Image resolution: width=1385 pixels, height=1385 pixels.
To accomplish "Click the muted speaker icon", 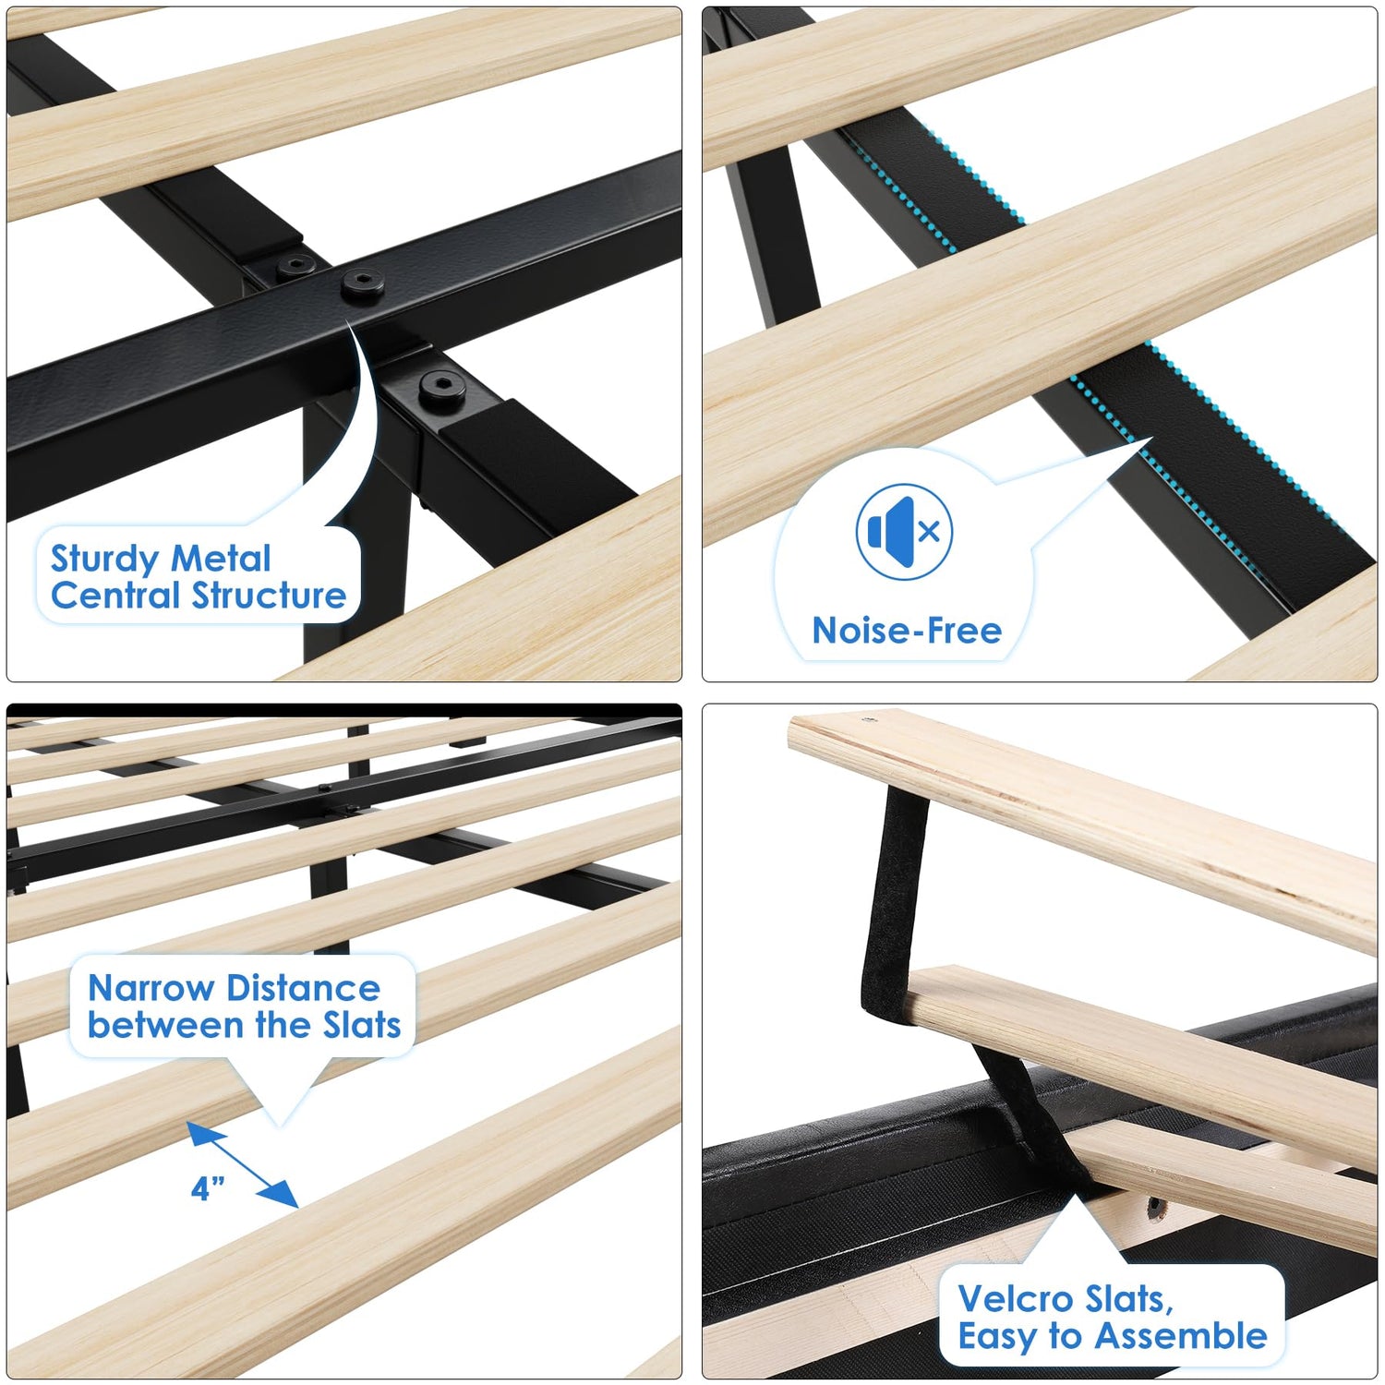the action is (904, 532).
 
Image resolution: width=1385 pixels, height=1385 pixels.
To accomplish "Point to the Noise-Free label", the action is (907, 631).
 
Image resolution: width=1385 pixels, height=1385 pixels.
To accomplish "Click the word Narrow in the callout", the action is (151, 988).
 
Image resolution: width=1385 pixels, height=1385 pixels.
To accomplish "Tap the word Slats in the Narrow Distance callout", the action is (362, 1025).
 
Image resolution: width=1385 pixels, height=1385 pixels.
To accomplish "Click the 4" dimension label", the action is (208, 1188).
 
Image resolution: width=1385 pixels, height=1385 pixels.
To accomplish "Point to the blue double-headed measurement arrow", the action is (243, 1164).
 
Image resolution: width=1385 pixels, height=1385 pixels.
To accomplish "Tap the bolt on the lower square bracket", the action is (441, 388).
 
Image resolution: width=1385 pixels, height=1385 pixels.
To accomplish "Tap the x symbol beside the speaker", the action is (930, 531).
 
